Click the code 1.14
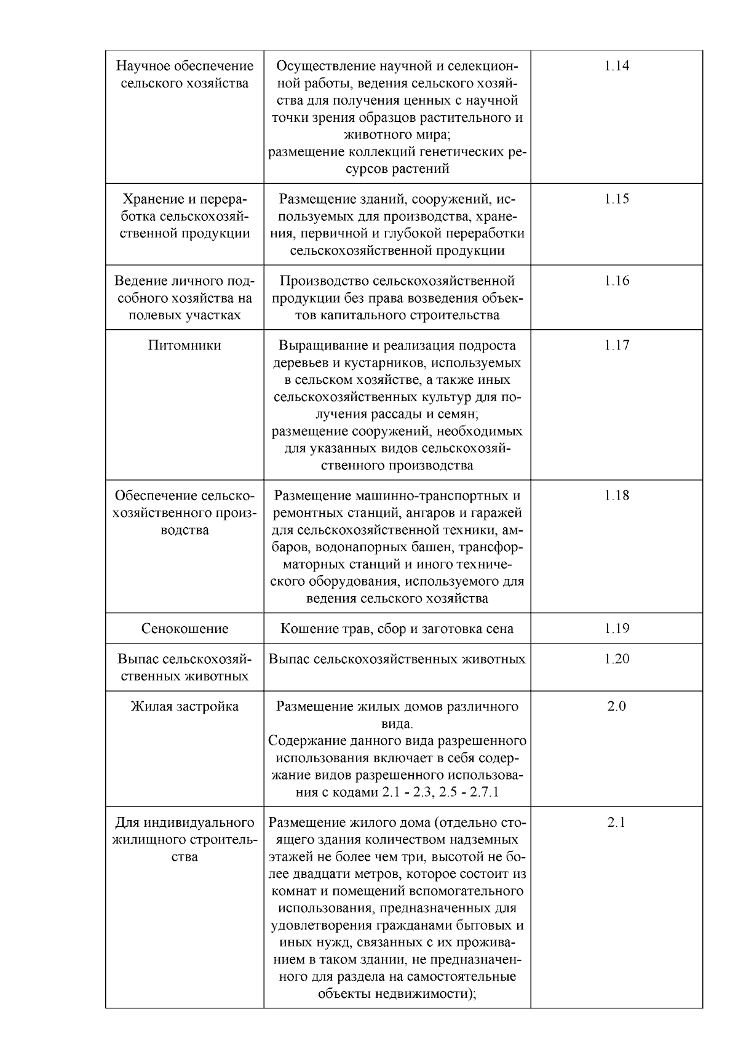coord(616,66)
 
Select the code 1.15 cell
coord(616,199)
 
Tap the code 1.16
coord(616,281)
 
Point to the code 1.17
coord(616,345)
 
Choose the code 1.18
coord(616,495)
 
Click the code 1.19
coord(616,628)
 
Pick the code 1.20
coord(616,659)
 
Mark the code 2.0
coord(616,706)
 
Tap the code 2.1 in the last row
coord(616,823)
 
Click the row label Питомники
coord(184,345)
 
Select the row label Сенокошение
coord(184,629)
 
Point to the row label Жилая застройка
coord(184,706)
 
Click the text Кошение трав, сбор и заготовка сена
coord(397,629)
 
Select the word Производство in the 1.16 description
coord(324,281)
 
